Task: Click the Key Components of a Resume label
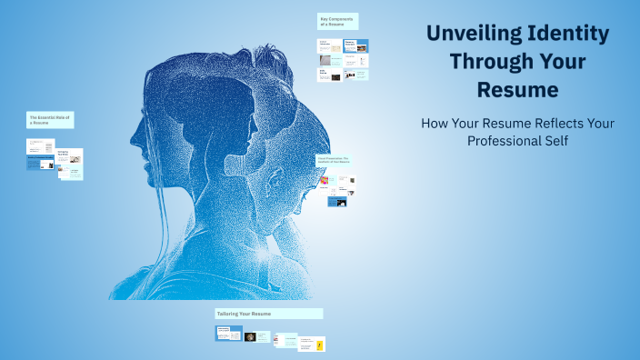(337, 21)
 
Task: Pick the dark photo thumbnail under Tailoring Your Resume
(251, 336)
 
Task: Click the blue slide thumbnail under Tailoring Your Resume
(228, 333)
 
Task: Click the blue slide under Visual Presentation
(338, 202)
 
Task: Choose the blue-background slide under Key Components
(361, 45)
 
